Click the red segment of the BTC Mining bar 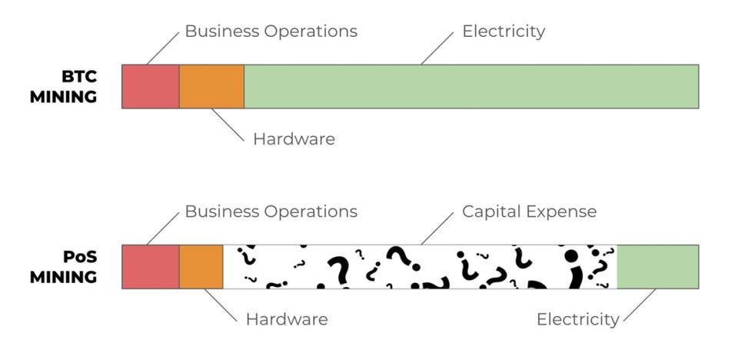[x=151, y=86]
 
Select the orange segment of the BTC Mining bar [x=211, y=86]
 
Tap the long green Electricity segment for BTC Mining [x=470, y=86]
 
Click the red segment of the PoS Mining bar [x=151, y=267]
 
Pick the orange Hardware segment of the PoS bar [x=201, y=267]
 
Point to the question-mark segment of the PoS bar [x=420, y=267]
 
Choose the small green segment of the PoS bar [x=657, y=267]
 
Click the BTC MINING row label [x=64, y=86]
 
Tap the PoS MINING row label [x=64, y=267]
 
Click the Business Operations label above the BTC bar [x=271, y=32]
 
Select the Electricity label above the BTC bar [x=504, y=32]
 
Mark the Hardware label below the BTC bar [x=294, y=139]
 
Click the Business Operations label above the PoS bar [x=271, y=211]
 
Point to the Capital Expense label [x=529, y=211]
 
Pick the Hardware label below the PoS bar [x=286, y=318]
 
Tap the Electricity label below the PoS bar [x=577, y=318]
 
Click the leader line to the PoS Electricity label [x=639, y=305]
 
